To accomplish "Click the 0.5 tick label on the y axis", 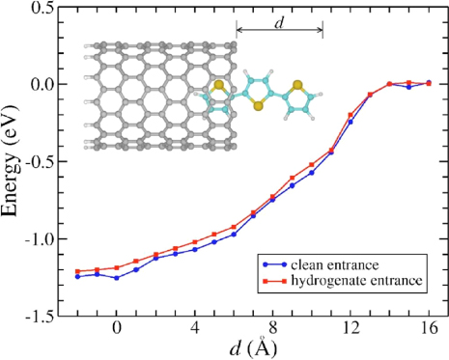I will point(42,8).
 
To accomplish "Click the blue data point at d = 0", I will point(117,278).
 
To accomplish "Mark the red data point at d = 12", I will point(351,115).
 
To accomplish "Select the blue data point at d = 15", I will point(409,87).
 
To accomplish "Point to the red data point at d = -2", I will point(78,271).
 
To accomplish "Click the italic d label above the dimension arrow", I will point(279,19).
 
